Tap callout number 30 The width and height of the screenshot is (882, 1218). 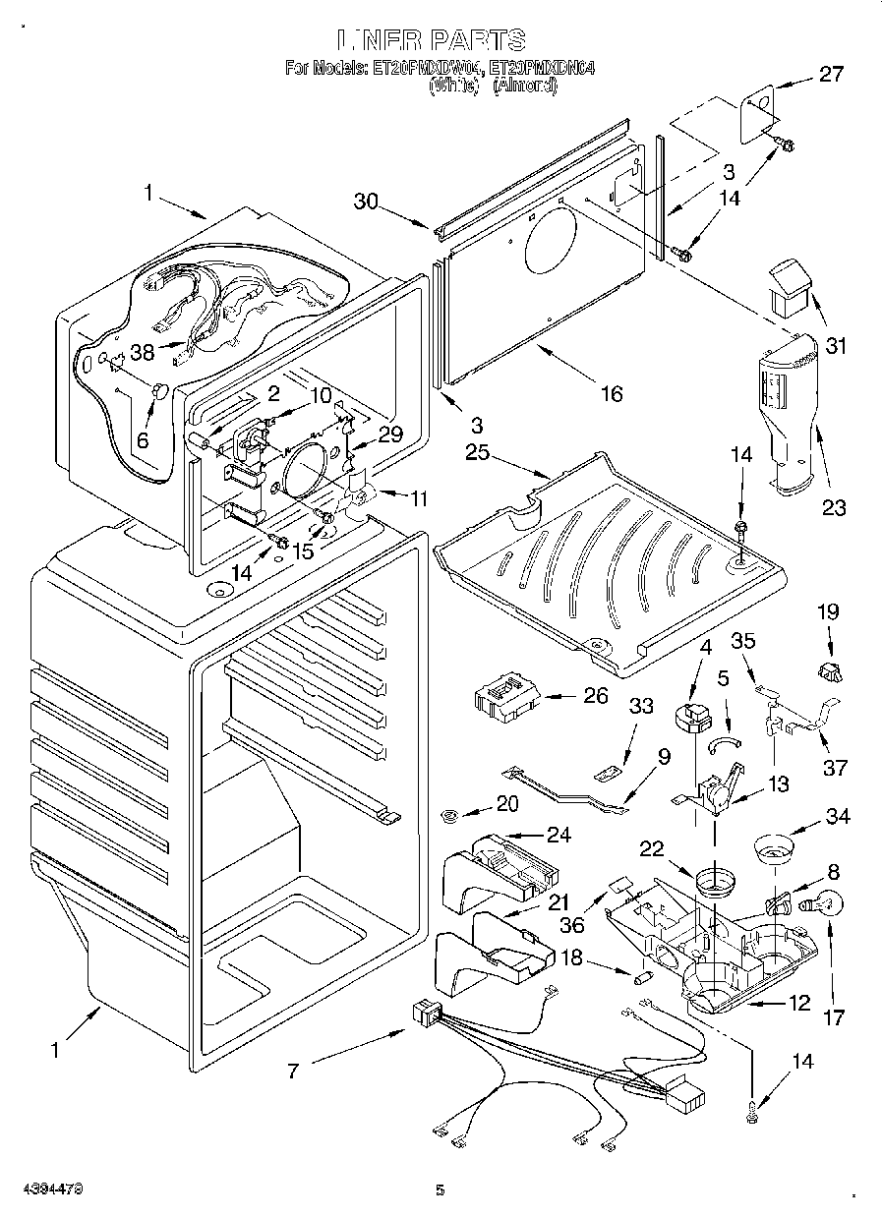click(366, 201)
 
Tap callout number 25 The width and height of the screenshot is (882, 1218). click(477, 452)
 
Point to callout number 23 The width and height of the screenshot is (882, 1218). click(834, 507)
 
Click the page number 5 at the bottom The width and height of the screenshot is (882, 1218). click(440, 1190)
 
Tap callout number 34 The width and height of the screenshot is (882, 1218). click(838, 815)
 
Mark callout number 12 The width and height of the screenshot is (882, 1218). click(797, 1004)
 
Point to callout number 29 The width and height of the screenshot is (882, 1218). click(389, 434)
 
